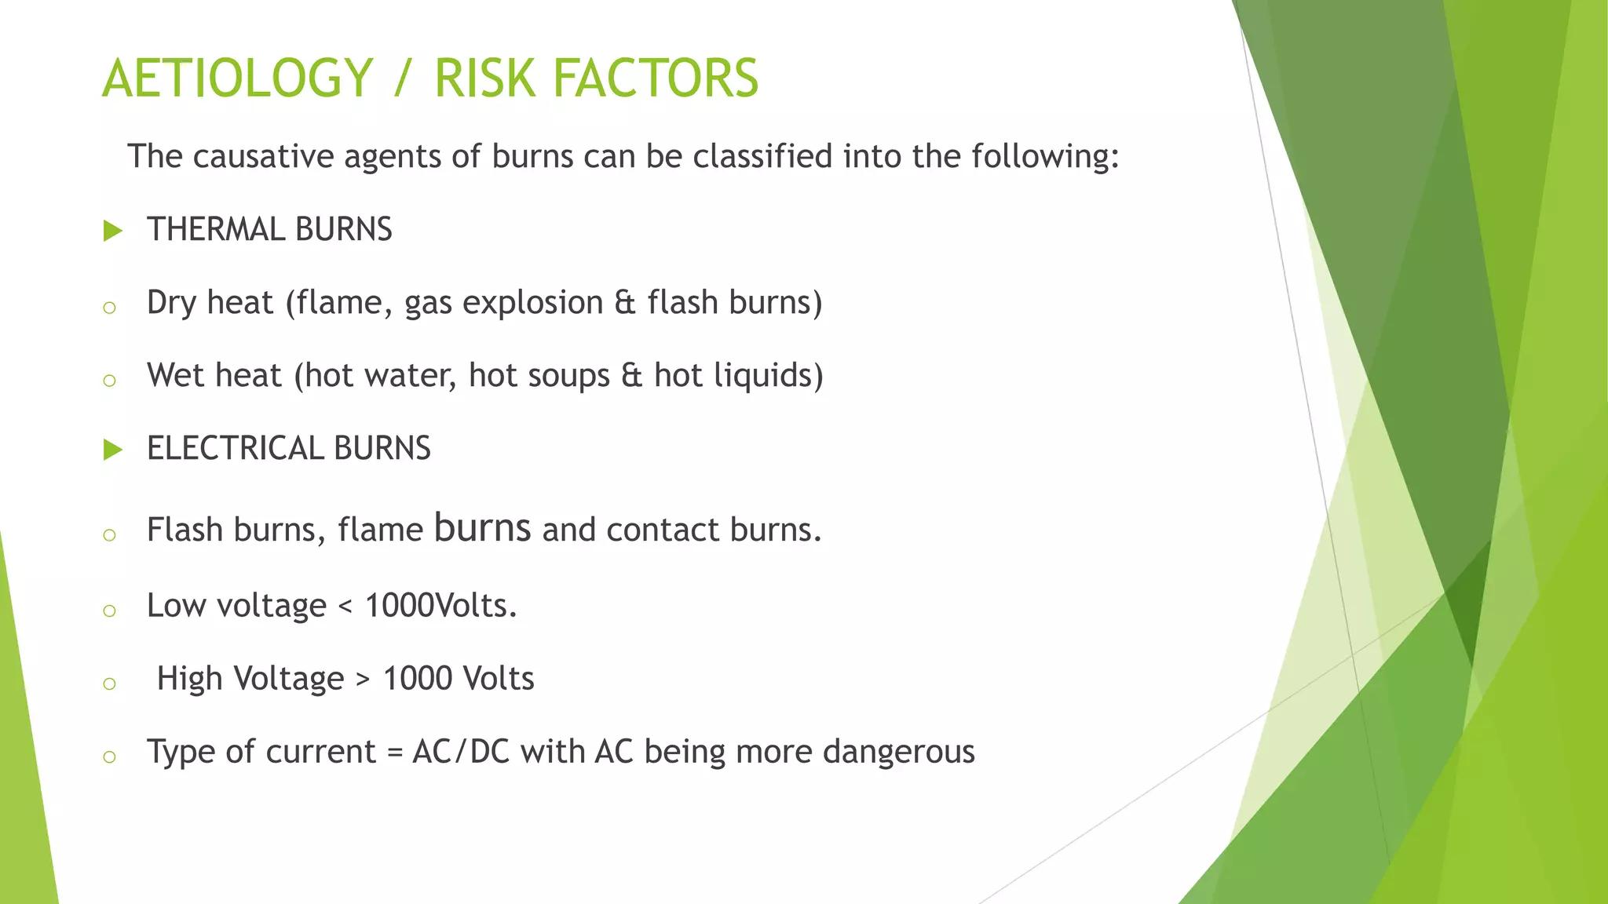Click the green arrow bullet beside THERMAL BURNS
pos(113,231)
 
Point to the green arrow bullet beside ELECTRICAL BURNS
pos(113,450)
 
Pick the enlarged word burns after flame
pos(482,527)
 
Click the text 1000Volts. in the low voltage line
pos(440,605)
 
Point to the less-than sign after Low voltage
pos(345,607)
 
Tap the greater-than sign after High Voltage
pos(363,680)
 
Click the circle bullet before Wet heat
pos(109,381)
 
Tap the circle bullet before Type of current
pos(109,756)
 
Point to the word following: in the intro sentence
pos(1044,156)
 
